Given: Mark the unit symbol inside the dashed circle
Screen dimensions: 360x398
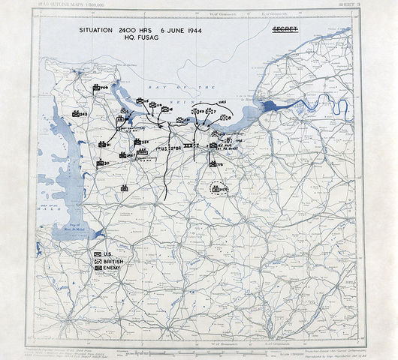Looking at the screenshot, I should pos(218,190).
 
